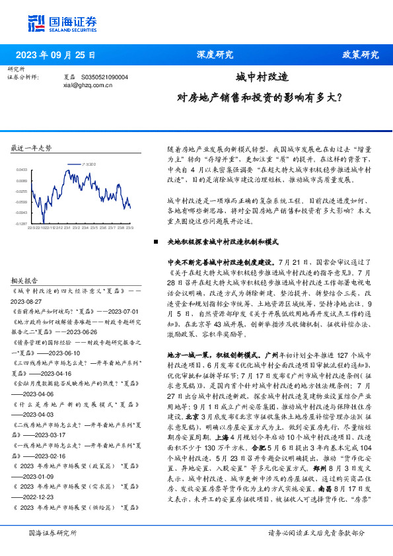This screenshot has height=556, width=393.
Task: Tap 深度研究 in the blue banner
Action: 215,55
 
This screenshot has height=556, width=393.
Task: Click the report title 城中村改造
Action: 262,77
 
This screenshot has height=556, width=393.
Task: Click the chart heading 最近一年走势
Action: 31,148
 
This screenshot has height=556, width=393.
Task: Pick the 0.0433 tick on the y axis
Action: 22,170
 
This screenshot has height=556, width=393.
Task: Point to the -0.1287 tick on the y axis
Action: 22,224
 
